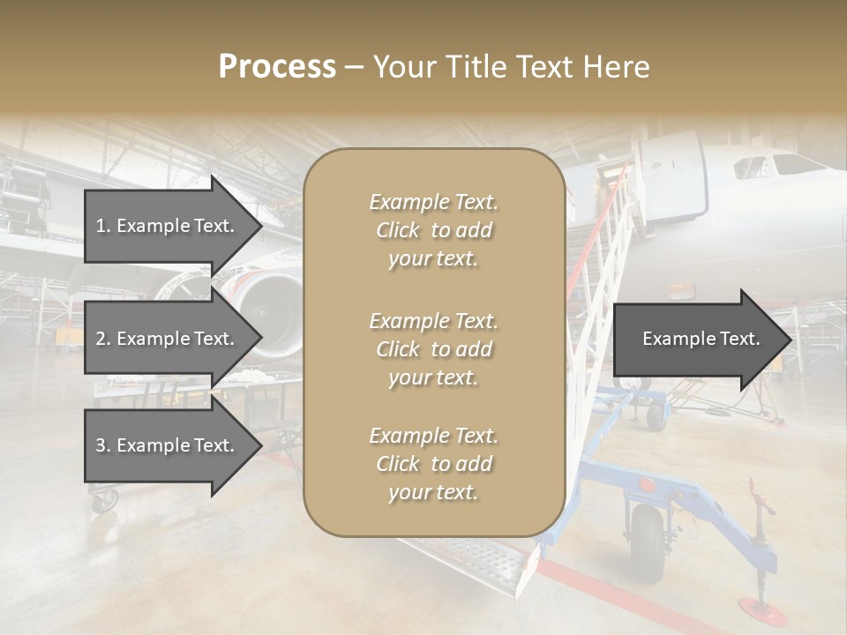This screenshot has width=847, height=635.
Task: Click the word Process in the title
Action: pos(277,66)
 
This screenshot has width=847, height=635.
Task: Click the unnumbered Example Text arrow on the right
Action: pos(701,339)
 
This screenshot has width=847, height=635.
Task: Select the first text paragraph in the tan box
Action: pos(434,230)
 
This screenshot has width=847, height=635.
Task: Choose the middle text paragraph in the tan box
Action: pos(434,349)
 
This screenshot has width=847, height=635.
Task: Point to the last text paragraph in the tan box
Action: pos(434,464)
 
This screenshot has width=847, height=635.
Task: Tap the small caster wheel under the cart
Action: pos(103,500)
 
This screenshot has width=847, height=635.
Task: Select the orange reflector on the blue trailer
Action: pos(646,484)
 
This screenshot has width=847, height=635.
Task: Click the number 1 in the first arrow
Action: pos(100,226)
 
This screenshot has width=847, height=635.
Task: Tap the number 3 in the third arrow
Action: pos(100,445)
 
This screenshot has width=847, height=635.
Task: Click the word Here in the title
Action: pos(617,66)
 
